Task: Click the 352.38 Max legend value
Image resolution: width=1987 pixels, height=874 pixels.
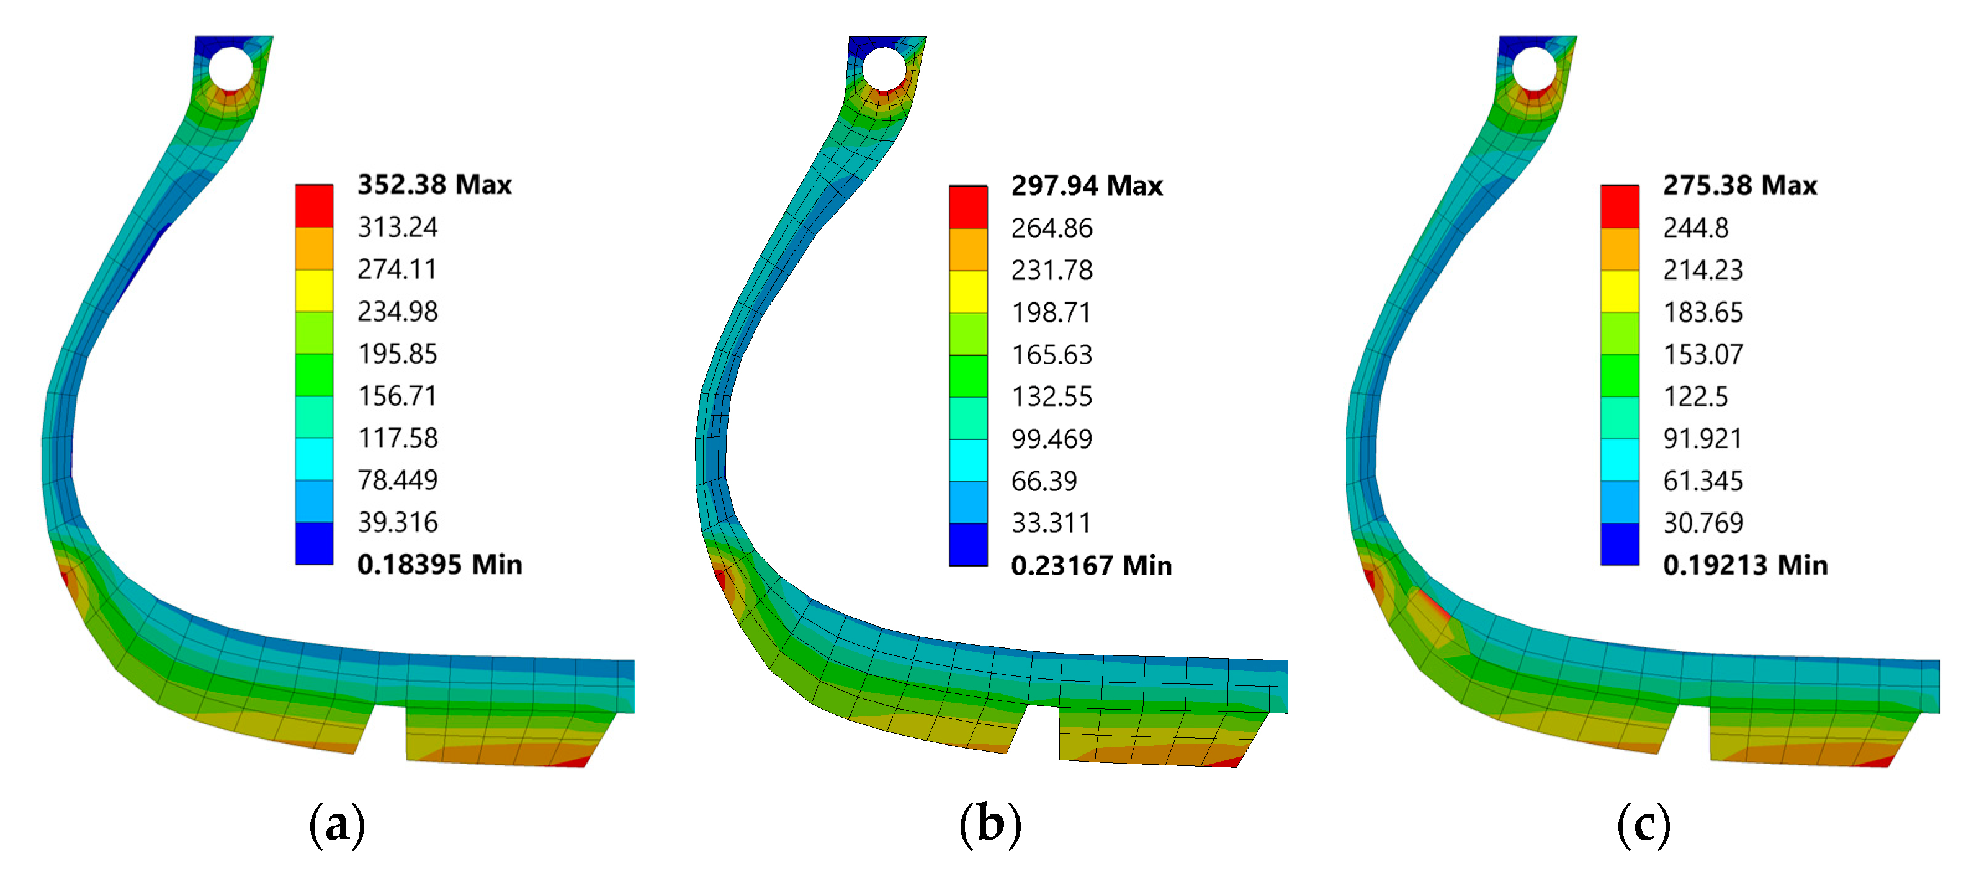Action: click(434, 184)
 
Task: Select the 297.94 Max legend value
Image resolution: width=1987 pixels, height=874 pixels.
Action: click(1087, 185)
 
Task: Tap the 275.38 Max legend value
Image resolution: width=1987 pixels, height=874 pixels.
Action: click(1739, 185)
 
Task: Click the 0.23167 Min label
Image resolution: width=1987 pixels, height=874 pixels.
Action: click(1092, 565)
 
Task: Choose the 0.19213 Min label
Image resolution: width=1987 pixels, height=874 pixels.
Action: click(1745, 565)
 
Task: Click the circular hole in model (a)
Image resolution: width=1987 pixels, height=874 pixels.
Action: click(231, 69)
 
